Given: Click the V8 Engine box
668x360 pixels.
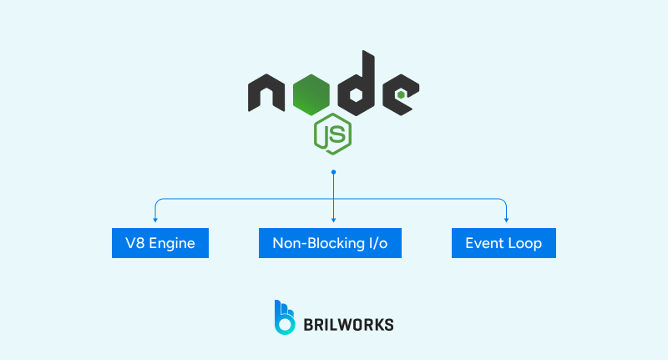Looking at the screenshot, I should pyautogui.click(x=160, y=244).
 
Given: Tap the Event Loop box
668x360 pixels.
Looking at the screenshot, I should pyautogui.click(x=504, y=244).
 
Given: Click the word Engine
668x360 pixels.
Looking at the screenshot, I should pyautogui.click(x=174, y=244).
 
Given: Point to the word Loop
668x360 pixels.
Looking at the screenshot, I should pyautogui.click(x=526, y=244).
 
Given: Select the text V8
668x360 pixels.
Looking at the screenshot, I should pyautogui.click(x=134, y=244).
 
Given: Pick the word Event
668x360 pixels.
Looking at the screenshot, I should pyautogui.click(x=485, y=244).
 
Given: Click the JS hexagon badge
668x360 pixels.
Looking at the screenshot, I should pyautogui.click(x=332, y=132).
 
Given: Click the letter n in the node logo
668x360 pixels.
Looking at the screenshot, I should pyautogui.click(x=267, y=94).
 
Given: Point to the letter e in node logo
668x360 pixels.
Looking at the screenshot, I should pyautogui.click(x=401, y=94).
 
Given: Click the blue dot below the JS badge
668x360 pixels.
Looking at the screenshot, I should pyautogui.click(x=333, y=172).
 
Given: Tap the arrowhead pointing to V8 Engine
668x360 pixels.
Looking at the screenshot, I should pyautogui.click(x=155, y=219).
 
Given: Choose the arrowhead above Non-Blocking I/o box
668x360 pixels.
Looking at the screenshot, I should pyautogui.click(x=333, y=219).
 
